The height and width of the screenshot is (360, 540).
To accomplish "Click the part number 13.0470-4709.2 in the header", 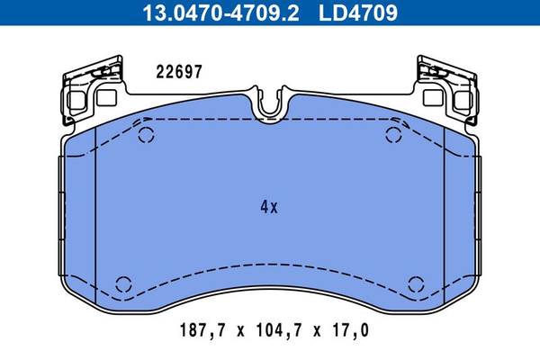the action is (x=220, y=13).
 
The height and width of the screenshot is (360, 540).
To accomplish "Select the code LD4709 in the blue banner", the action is (x=358, y=13).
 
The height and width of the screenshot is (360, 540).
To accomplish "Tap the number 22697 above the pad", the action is (x=179, y=72).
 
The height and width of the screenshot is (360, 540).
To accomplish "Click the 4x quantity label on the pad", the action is (x=269, y=207).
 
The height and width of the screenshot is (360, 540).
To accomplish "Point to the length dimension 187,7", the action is (x=202, y=330).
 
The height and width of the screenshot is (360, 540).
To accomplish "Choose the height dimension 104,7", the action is (x=279, y=330).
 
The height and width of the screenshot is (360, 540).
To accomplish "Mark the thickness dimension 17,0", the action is (x=351, y=330).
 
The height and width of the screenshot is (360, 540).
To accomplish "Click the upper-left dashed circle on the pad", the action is (x=146, y=135).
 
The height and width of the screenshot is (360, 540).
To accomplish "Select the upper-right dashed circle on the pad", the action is (x=393, y=135).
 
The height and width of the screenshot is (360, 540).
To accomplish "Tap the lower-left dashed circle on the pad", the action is (x=123, y=284).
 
